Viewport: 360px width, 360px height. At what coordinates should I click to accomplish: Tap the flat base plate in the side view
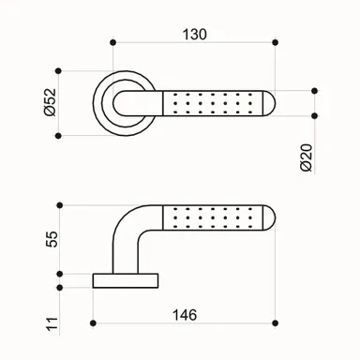(127, 279)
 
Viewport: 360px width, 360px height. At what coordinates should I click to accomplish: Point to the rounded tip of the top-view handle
(269, 103)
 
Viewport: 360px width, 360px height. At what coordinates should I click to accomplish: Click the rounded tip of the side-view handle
(269, 217)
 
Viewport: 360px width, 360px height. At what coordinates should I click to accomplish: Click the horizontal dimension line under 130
(194, 42)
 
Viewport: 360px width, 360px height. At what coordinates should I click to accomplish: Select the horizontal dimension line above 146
(187, 325)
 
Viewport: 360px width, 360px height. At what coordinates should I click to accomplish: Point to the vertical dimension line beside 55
(60, 239)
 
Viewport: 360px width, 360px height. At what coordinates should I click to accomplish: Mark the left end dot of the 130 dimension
(112, 42)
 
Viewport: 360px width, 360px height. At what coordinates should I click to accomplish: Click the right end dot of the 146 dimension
(277, 325)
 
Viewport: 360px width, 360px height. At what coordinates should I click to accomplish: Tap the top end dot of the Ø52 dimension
(60, 69)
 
